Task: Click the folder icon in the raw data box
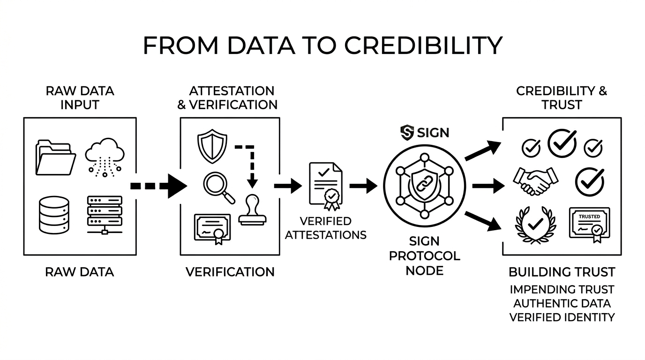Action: pyautogui.click(x=55, y=157)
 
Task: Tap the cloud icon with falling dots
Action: pyautogui.click(x=105, y=157)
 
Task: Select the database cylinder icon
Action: pyautogui.click(x=54, y=215)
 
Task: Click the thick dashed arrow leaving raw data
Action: pyautogui.click(x=158, y=186)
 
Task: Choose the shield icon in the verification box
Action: pyautogui.click(x=212, y=146)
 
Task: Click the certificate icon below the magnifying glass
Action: pyautogui.click(x=212, y=228)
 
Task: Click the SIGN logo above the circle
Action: pyautogui.click(x=425, y=132)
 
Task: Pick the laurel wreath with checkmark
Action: pyautogui.click(x=535, y=225)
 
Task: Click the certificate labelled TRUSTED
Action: pyautogui.click(x=589, y=224)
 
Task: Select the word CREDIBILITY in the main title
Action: pyautogui.click(x=423, y=46)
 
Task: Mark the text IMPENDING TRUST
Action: pyautogui.click(x=562, y=290)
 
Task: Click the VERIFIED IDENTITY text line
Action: pyautogui.click(x=562, y=317)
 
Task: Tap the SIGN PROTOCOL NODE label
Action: pyautogui.click(x=424, y=256)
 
